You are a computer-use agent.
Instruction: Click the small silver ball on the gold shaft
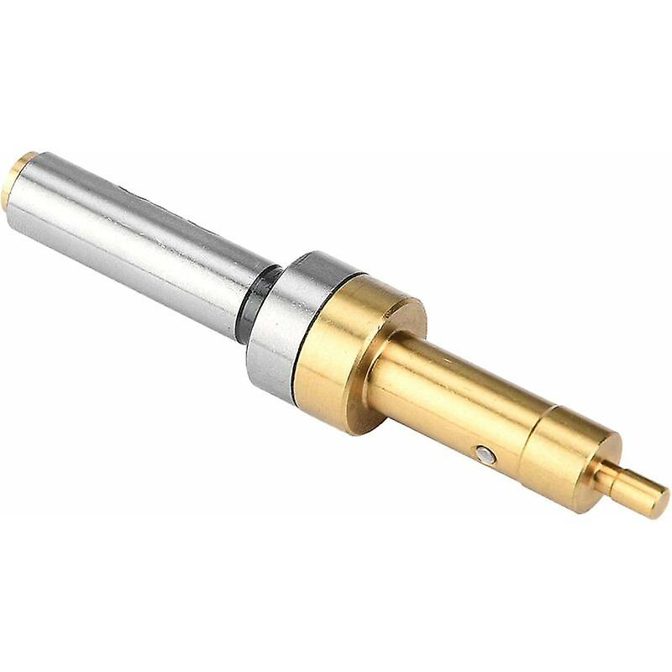click(483, 454)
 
